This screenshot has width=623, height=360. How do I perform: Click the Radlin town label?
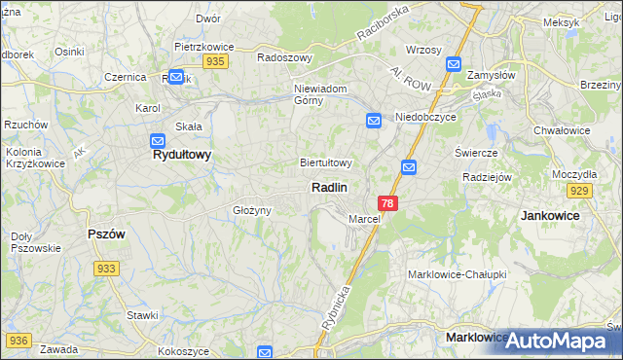point(330,187)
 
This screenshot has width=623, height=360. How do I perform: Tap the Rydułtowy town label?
point(182,155)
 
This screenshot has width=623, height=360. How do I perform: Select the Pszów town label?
point(106,234)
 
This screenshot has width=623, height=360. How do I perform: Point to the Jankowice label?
point(550,215)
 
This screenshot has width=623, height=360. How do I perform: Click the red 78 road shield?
point(388,203)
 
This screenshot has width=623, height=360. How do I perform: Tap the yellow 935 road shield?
point(216,61)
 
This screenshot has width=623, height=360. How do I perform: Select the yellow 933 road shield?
point(107,269)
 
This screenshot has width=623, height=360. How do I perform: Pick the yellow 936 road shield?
point(19,341)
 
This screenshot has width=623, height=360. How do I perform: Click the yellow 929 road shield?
point(581,191)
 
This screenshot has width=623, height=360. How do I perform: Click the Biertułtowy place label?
point(326,162)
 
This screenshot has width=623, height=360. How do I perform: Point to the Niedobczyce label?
point(426,117)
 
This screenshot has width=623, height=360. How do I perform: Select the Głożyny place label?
point(250,210)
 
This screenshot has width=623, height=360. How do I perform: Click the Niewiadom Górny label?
point(320,94)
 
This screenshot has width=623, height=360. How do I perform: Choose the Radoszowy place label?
point(284,57)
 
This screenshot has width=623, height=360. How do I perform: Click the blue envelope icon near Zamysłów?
point(454,64)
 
